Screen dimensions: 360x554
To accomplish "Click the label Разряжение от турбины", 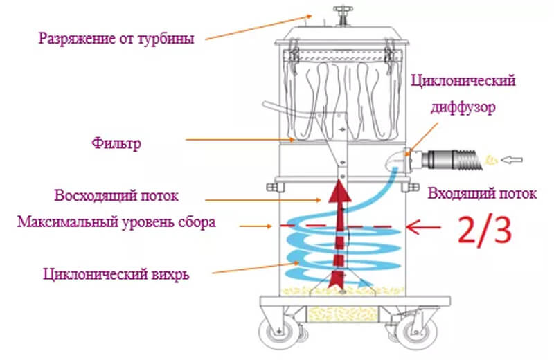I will [x=116, y=38].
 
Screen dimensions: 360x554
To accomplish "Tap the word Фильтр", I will [x=116, y=145].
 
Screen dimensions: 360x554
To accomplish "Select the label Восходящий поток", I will [x=116, y=196].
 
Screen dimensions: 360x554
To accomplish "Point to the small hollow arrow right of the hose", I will [x=512, y=161].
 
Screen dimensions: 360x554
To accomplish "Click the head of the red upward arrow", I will [x=339, y=186].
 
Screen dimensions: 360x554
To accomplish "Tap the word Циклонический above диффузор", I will [x=463, y=82].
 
